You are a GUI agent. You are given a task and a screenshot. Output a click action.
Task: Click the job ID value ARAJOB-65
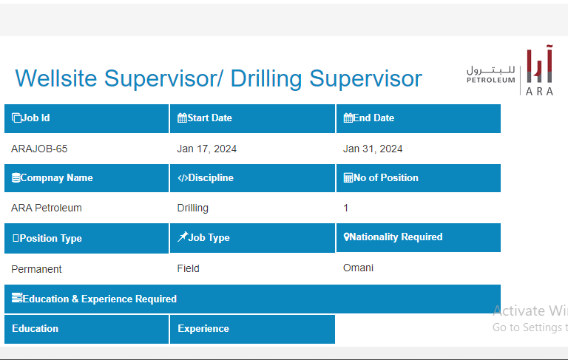(39, 149)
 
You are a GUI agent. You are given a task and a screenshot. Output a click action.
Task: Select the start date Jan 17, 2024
(206, 149)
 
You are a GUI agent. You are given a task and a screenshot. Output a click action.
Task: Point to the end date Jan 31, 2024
(373, 149)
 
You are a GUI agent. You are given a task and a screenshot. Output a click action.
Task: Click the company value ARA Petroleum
(47, 208)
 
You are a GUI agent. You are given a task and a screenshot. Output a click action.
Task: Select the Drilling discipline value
(193, 208)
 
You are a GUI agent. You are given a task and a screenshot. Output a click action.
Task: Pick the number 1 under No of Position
(345, 208)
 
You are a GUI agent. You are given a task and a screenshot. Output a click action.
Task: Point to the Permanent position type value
(36, 269)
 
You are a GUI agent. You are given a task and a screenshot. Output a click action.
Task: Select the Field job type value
(189, 268)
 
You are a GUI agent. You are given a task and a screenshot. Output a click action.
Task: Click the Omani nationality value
(358, 268)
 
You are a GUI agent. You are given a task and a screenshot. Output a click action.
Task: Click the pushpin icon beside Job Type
(182, 237)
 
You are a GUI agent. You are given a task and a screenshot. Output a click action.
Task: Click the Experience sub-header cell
(252, 329)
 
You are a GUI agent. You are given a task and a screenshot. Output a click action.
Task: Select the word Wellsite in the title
(56, 78)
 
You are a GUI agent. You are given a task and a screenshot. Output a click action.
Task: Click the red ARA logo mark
(539, 64)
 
